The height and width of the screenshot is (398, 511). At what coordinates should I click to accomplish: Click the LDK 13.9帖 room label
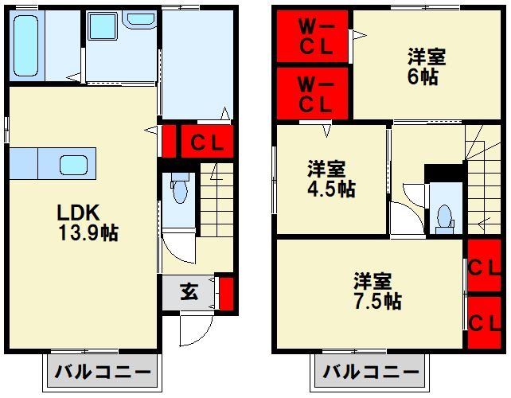point(88,223)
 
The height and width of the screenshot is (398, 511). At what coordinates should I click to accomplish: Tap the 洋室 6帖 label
point(426,67)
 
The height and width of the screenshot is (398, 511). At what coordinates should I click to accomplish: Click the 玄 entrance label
point(188,292)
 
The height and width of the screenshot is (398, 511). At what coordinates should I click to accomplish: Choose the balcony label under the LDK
point(103,373)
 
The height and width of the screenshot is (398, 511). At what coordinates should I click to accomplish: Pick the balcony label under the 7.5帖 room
point(370,373)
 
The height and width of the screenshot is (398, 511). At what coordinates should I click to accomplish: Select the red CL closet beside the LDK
point(206,143)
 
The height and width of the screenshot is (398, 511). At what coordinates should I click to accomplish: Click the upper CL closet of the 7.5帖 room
point(484,267)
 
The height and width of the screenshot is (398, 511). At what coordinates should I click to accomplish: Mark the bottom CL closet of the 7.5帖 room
point(484,322)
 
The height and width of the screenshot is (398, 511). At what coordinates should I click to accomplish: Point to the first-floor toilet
point(180,191)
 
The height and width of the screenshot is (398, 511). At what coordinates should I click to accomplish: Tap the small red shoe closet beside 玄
point(226,292)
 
